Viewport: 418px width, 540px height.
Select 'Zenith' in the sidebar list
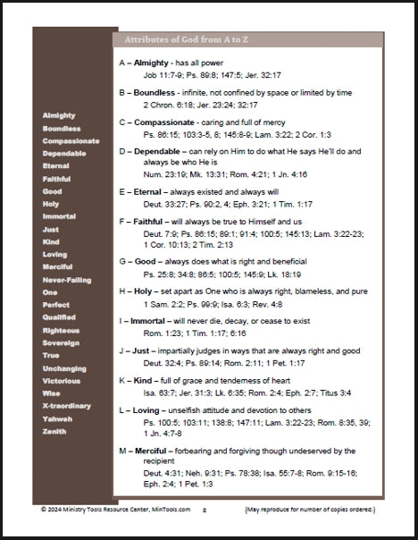(54, 431)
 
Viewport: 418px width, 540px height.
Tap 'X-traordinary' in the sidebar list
(66, 405)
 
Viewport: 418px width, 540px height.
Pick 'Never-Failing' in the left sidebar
(67, 278)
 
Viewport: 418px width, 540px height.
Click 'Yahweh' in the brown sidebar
(57, 418)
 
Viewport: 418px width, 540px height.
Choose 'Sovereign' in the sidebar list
(61, 342)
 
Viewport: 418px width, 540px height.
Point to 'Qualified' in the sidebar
(60, 316)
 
